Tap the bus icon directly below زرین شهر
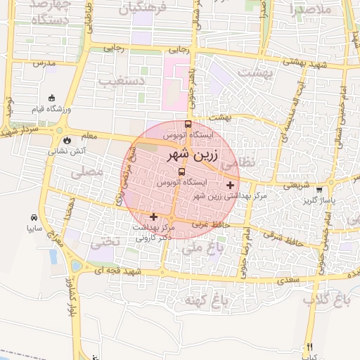click(182, 172)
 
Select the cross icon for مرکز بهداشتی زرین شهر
click(230, 185)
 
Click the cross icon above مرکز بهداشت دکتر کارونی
click(154, 217)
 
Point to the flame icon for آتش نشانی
click(67, 140)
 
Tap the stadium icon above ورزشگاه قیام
click(51, 98)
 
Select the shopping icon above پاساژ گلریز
click(320, 190)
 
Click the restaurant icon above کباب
click(309, 347)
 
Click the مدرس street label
click(44, 63)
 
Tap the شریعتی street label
click(295, 186)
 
